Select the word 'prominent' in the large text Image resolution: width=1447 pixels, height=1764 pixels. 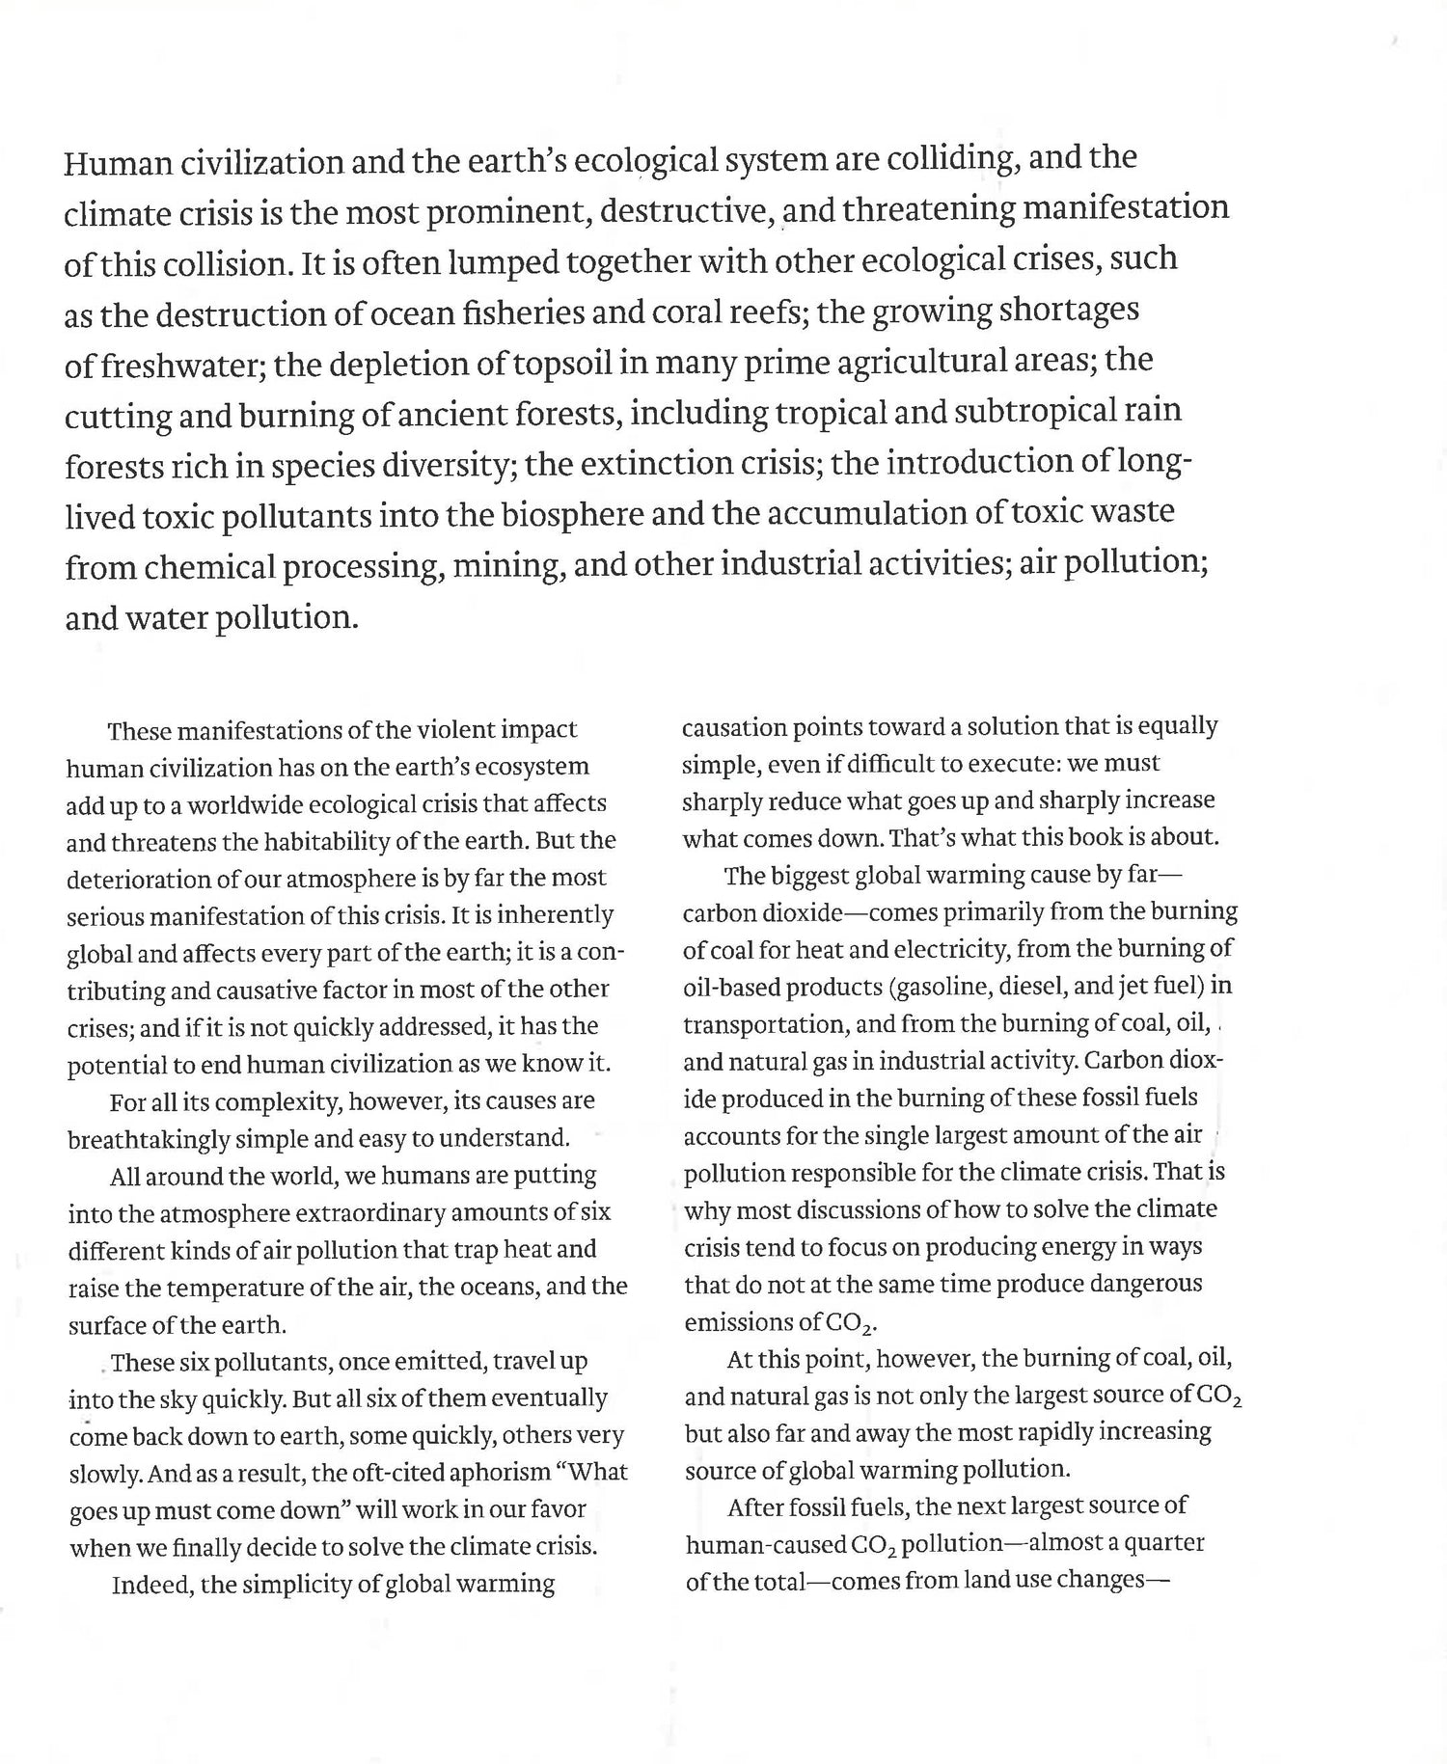(x=506, y=211)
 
